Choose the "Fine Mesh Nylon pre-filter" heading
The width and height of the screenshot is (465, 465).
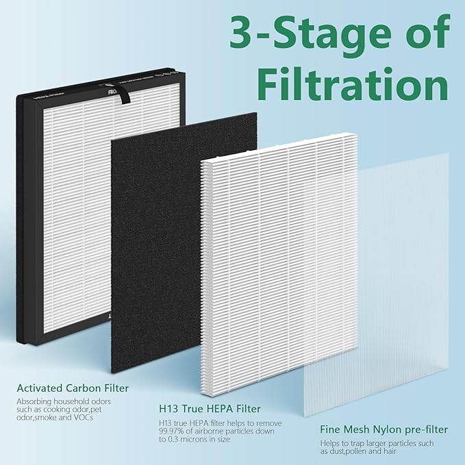(x=384, y=430)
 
